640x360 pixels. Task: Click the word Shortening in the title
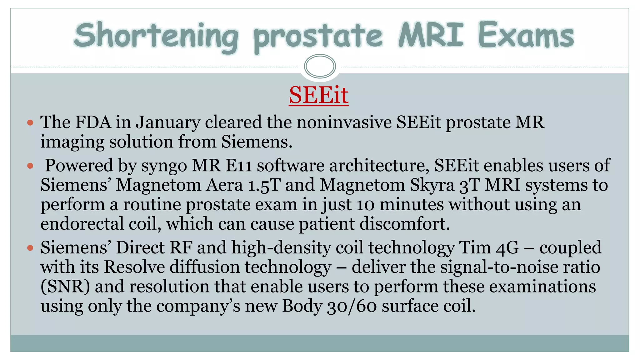[156, 36]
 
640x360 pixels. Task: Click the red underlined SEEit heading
[318, 95]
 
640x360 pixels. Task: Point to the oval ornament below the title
[320, 66]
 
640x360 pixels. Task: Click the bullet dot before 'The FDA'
[30, 122]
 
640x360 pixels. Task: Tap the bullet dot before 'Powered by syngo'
[30, 166]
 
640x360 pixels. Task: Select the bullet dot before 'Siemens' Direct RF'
[30, 248]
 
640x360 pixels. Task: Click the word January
[168, 122]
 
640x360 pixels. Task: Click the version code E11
[239, 165]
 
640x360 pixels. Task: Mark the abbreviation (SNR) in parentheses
[65, 287]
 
